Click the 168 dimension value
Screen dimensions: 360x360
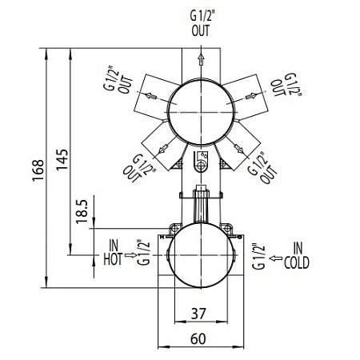coord(38,170)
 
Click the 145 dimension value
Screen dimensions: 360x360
coord(62,159)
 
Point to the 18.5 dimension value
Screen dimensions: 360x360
coord(82,212)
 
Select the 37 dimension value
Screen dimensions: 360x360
coord(198,314)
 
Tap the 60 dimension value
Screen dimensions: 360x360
coord(198,339)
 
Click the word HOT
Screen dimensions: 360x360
coord(113,259)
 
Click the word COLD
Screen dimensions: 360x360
coord(297,262)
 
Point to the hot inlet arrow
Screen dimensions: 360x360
coord(130,255)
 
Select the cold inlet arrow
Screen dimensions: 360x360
coord(276,258)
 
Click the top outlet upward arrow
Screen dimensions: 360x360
coord(201,59)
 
